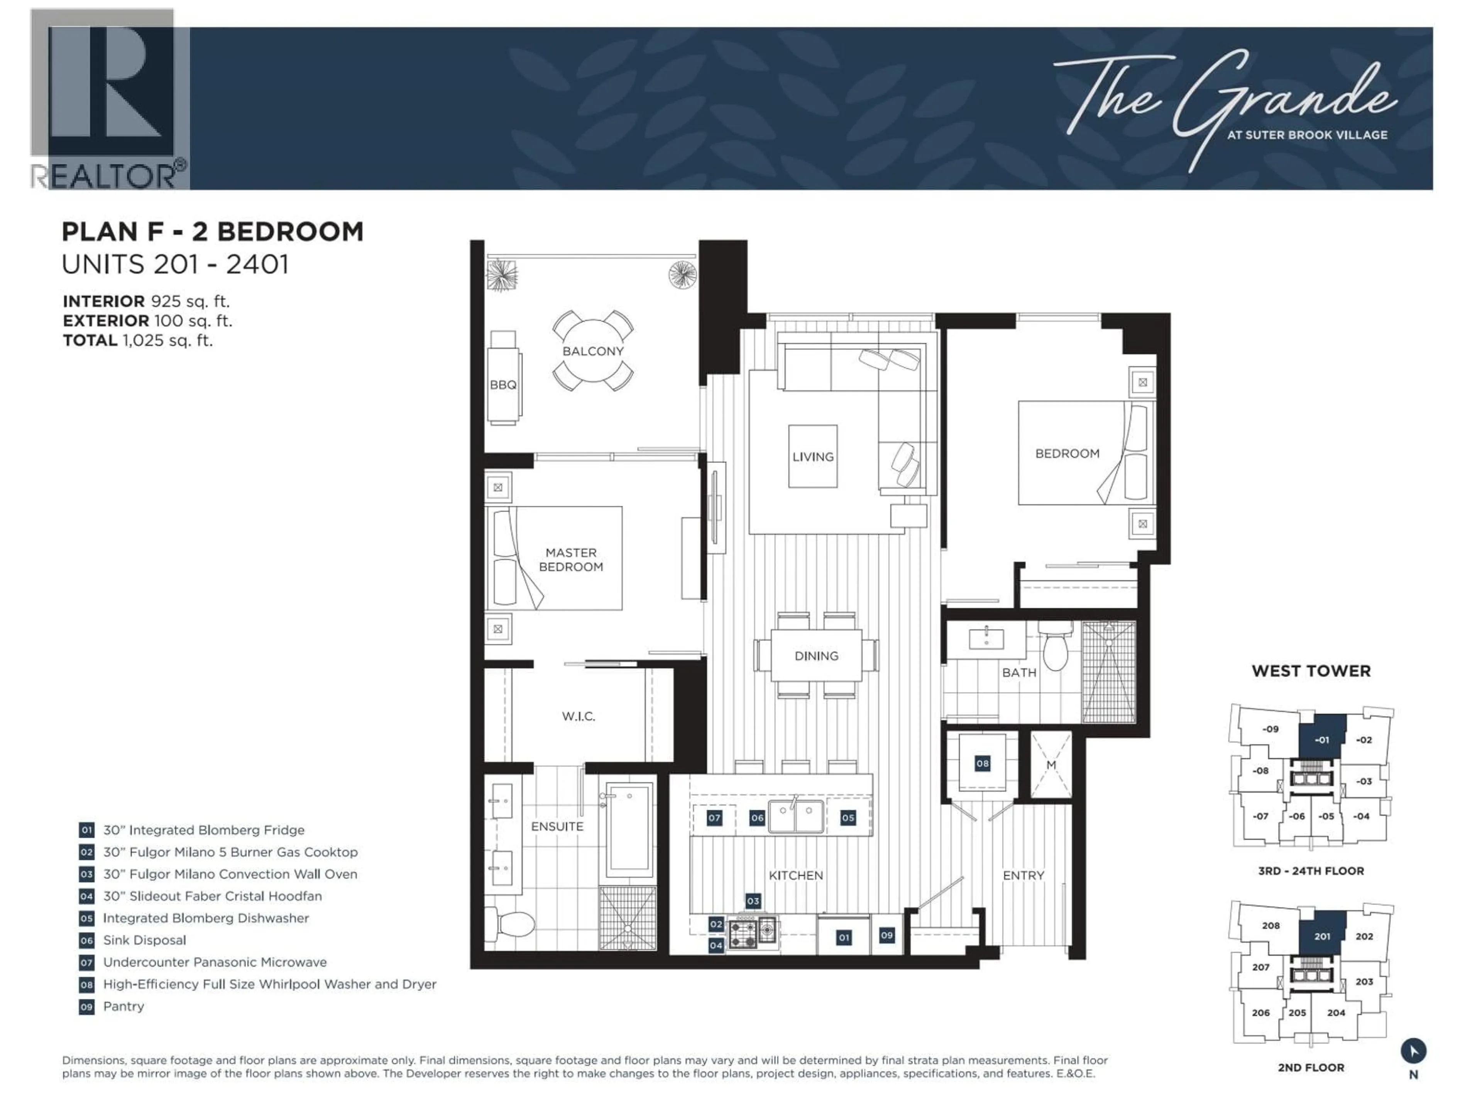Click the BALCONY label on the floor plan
[x=592, y=351]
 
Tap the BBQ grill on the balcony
[x=503, y=377]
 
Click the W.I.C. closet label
[x=578, y=716]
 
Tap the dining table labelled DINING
[x=816, y=656]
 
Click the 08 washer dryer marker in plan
[x=982, y=763]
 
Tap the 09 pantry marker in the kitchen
[x=886, y=935]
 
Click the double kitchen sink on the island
[x=795, y=816]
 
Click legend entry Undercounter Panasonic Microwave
[x=215, y=962]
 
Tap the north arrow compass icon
[x=1413, y=1051]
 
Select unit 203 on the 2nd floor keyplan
[x=1364, y=981]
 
